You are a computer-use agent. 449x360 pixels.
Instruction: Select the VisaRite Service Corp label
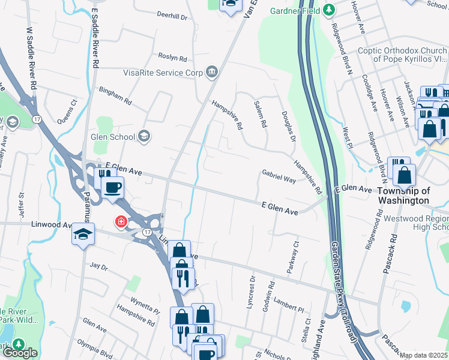(163, 73)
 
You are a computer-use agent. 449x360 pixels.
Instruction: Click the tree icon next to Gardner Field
(329, 10)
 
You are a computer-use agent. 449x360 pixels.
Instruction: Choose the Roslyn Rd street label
(173, 58)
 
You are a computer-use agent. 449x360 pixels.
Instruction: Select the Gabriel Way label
(279, 176)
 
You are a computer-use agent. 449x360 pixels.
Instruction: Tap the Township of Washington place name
(403, 196)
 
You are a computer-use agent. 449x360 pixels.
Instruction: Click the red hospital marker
(121, 222)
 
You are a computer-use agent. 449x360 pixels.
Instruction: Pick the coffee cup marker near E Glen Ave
(112, 188)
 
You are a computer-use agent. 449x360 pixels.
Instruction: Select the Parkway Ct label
(292, 256)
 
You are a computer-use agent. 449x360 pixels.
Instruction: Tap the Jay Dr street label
(97, 265)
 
